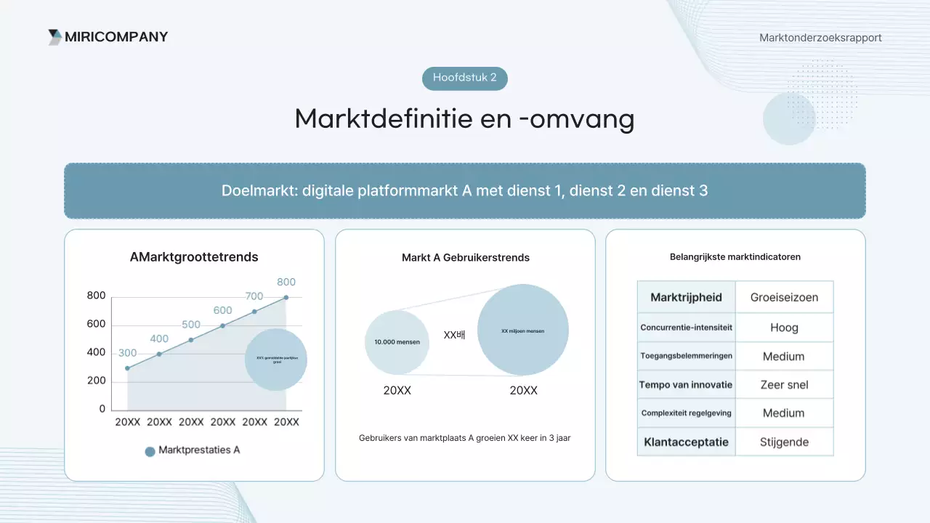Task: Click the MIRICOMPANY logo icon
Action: coord(55,37)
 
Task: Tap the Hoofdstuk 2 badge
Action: coord(465,78)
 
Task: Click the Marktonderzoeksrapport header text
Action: coord(820,38)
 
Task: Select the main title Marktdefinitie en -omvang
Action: coord(465,118)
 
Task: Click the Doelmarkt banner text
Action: coord(465,190)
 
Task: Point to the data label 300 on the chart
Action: coord(127,353)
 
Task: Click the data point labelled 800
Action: coord(286,297)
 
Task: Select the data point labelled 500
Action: coord(191,340)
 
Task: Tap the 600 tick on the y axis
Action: coord(96,324)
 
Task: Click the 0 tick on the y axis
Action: coord(102,409)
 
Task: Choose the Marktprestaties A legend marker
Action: coord(150,451)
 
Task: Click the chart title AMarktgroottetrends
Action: coord(194,257)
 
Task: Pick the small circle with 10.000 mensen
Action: coord(397,342)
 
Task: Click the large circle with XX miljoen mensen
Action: coord(522,331)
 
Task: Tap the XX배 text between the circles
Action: coord(454,336)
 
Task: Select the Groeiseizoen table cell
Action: coord(784,297)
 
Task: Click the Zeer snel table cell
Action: coord(784,384)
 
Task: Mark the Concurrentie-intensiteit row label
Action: coord(686,328)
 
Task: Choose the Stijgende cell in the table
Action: coord(784,442)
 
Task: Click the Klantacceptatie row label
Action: coord(686,442)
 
